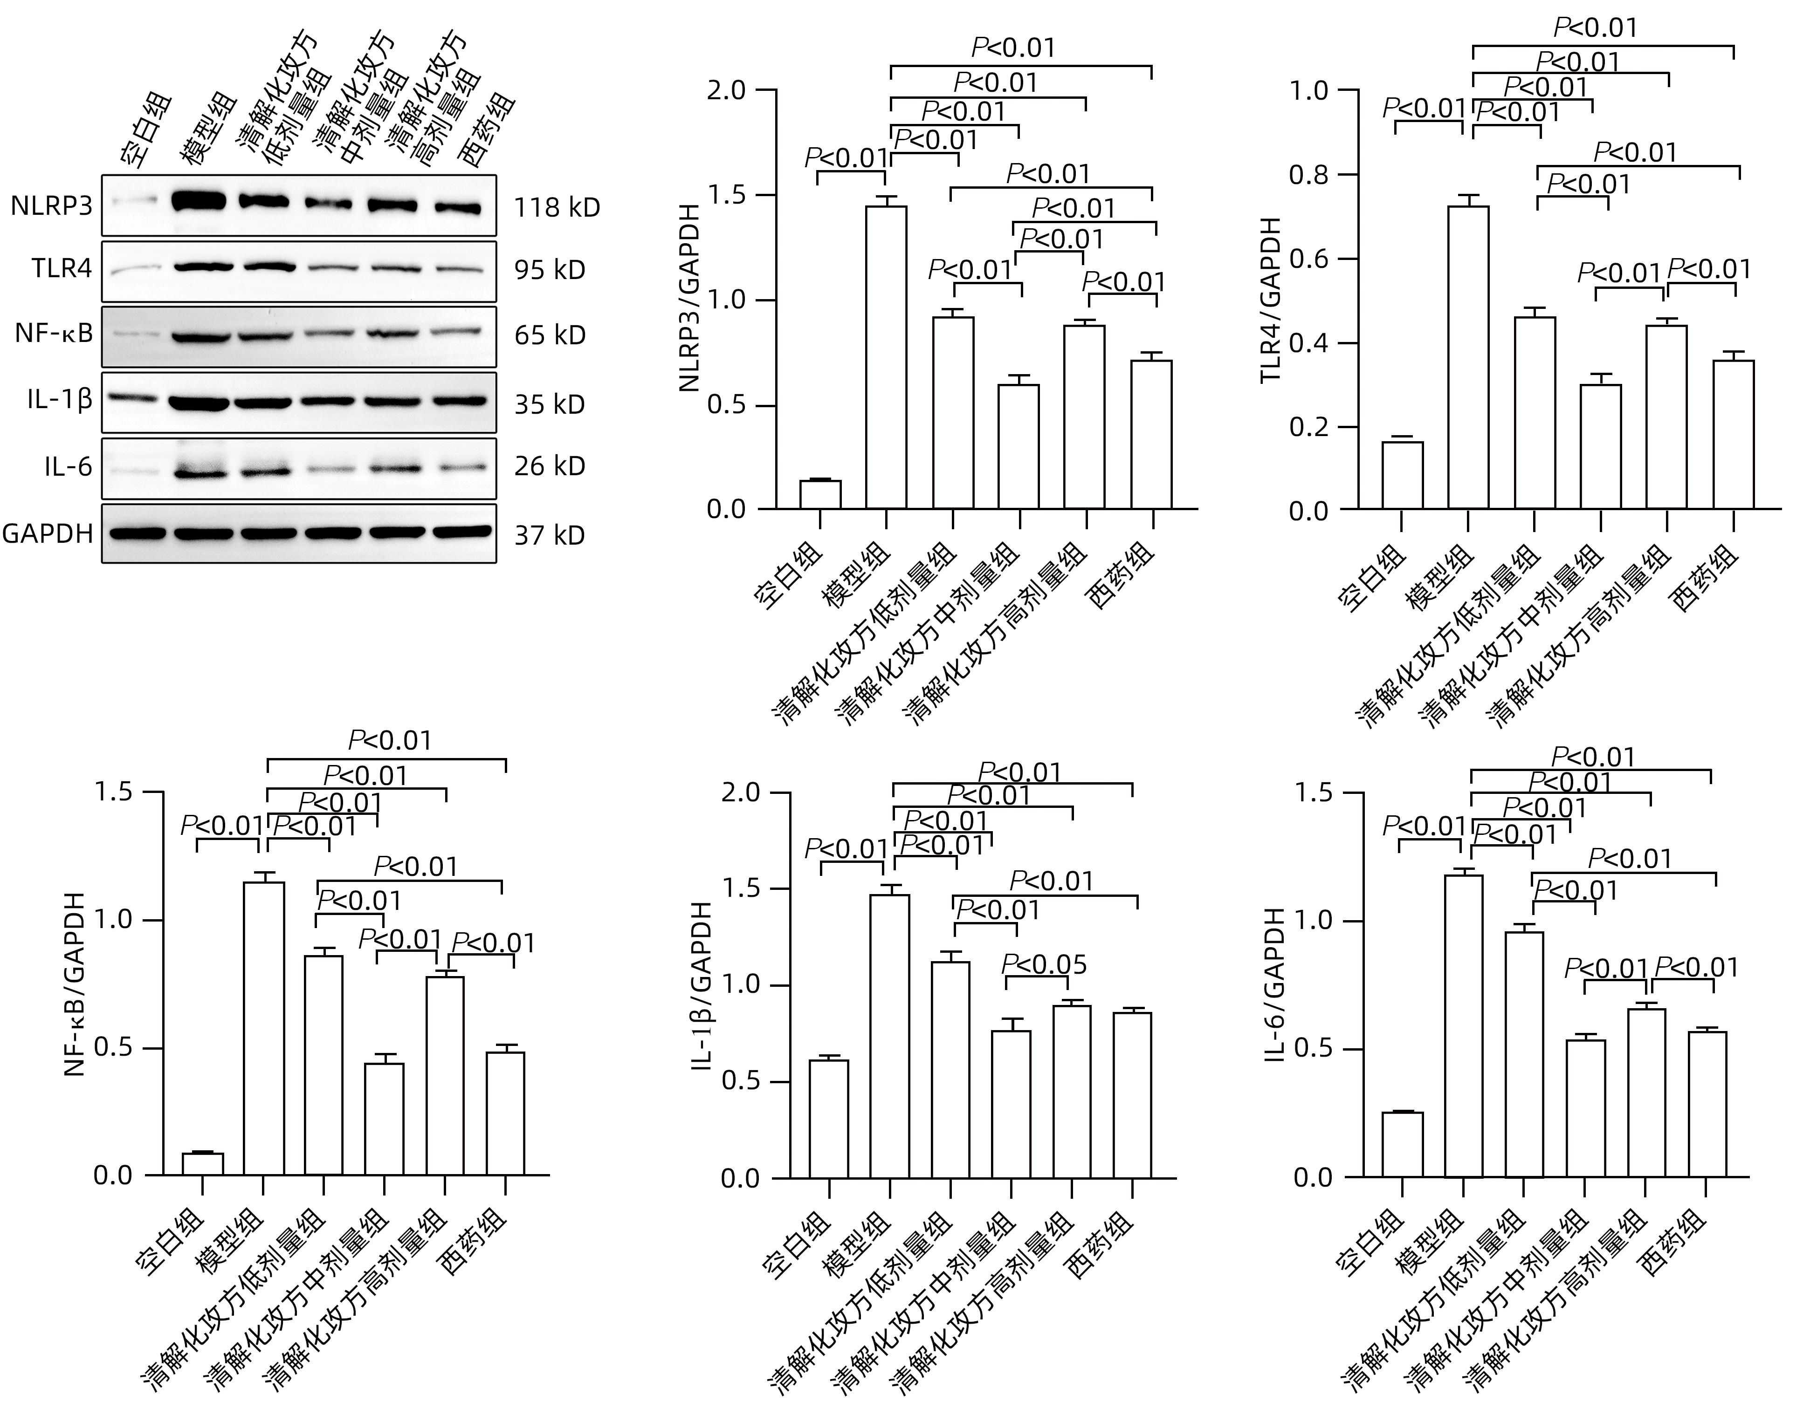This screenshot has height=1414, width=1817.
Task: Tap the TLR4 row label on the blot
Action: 62,269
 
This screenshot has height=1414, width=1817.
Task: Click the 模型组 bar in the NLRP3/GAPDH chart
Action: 886,358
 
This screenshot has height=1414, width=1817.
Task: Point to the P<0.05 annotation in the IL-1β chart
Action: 1044,965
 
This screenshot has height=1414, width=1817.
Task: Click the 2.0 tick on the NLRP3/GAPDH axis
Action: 726,90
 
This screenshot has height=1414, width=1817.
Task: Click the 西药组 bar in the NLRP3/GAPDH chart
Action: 1151,434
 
